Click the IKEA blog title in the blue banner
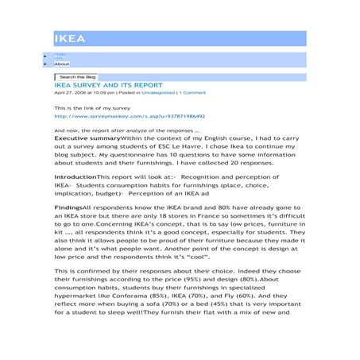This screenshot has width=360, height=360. pos(70,39)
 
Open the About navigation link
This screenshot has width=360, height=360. pos(61,64)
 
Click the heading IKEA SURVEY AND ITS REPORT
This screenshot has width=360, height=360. pos(108,84)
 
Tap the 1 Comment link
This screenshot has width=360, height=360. pos(193,93)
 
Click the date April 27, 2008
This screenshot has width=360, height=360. pos(75,93)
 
